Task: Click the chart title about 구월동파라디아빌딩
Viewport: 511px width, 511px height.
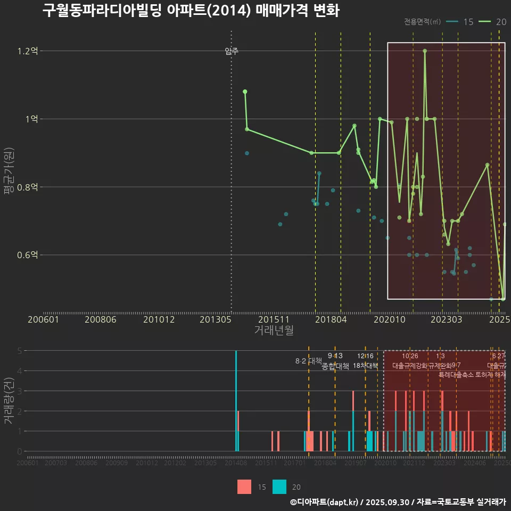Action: (191, 11)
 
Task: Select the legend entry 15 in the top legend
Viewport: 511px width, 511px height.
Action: (460, 22)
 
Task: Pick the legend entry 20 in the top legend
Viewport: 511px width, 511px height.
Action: (493, 22)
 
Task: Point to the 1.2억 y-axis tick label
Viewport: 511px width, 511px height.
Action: (28, 51)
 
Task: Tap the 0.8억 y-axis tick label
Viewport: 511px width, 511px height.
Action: (28, 187)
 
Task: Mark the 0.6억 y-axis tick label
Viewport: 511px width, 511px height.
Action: (28, 255)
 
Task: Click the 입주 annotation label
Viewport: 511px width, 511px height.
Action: (232, 51)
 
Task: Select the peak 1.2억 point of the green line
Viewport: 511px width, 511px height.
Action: (425, 51)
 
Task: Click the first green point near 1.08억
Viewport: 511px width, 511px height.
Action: (245, 92)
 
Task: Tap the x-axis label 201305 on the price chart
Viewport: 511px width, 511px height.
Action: (215, 319)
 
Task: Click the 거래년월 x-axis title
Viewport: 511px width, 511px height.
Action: (274, 330)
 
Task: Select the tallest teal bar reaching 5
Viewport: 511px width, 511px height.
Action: (236, 400)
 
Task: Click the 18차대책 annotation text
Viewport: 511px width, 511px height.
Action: (365, 366)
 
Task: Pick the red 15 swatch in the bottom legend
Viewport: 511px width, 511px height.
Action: (244, 487)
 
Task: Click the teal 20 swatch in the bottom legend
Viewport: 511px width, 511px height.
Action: (279, 487)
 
